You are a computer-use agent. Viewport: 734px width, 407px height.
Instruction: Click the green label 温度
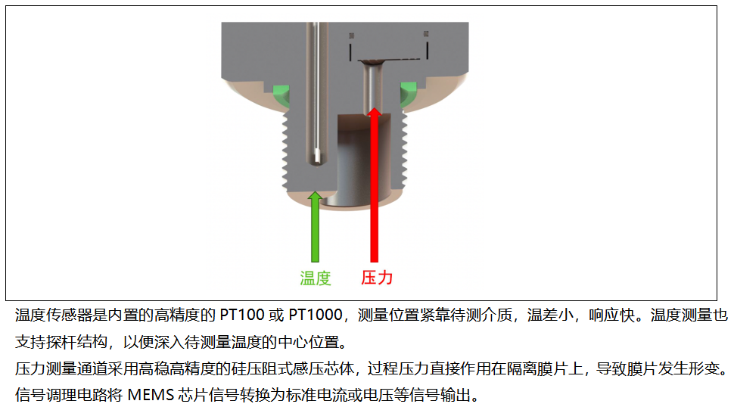coord(316,278)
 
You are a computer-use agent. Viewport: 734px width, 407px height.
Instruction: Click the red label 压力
coord(377,278)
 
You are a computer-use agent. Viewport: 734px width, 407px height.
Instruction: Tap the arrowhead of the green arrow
coord(315,197)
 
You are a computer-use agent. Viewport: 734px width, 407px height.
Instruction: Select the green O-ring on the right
coord(408,94)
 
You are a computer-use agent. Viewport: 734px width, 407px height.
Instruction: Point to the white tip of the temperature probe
coord(317,157)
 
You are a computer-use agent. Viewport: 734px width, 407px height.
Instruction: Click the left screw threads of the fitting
coord(285,151)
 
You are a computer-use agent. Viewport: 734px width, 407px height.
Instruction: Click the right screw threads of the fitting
coord(404,149)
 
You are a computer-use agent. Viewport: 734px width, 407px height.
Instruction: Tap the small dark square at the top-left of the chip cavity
coord(352,36)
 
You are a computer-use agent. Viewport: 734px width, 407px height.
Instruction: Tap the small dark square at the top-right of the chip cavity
coord(426,34)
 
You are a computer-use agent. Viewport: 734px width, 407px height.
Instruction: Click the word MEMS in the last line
coord(151,396)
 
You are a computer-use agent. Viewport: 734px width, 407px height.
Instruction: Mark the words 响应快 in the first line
coord(612,315)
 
